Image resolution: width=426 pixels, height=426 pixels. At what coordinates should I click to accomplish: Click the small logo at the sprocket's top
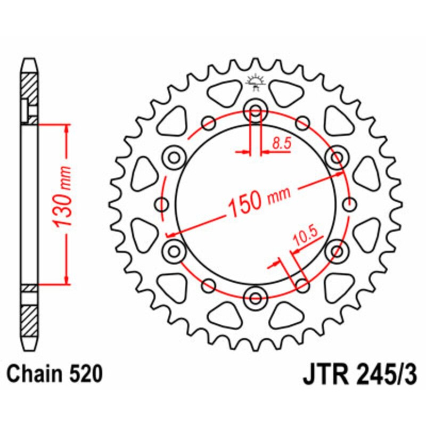pos(255,83)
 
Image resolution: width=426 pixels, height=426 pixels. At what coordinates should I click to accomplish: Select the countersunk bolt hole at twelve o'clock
pos(255,112)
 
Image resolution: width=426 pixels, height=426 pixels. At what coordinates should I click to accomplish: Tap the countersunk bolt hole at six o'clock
pos(255,296)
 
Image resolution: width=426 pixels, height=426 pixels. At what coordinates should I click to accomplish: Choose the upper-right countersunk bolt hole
pos(336,158)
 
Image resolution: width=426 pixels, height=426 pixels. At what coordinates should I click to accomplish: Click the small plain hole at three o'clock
pos(349,203)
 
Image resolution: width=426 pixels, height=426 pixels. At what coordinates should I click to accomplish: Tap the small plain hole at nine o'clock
pos(161,203)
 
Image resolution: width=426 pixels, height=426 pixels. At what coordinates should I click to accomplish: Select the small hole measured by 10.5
pos(301,283)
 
